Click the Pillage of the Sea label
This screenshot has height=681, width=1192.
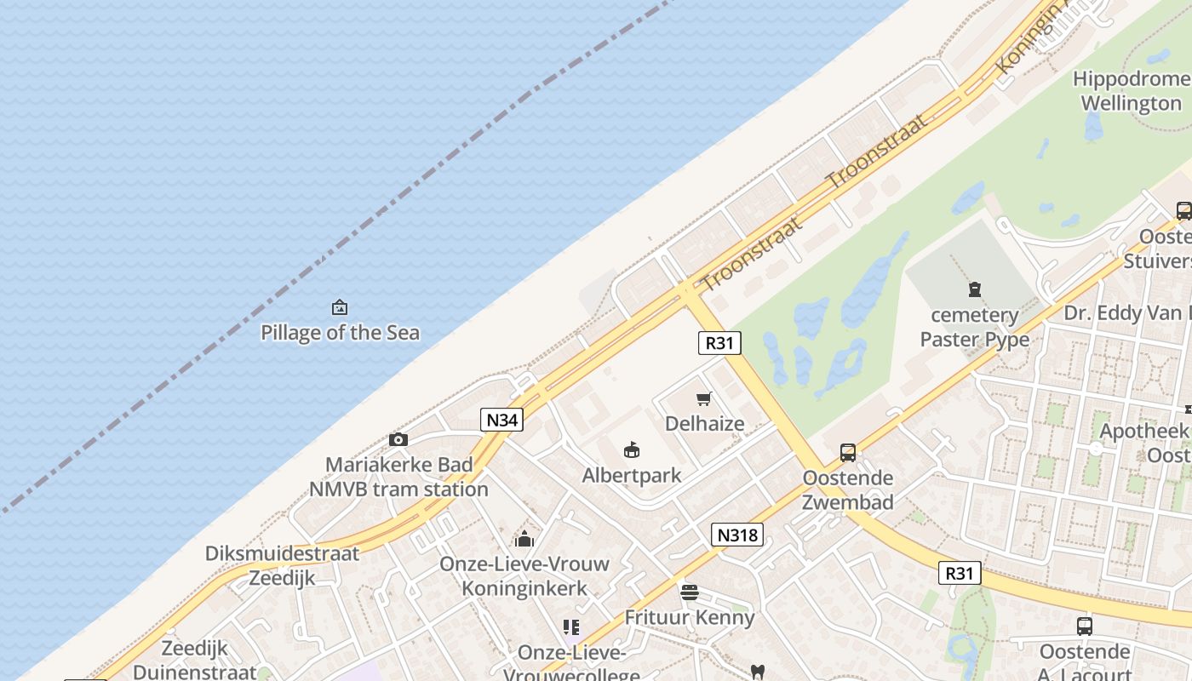pyautogui.click(x=340, y=332)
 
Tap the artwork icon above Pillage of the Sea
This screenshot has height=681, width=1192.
pyautogui.click(x=340, y=307)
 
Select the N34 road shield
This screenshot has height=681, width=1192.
pyautogui.click(x=501, y=419)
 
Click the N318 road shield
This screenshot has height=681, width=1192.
pyautogui.click(x=736, y=535)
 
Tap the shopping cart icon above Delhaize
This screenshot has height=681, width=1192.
pyautogui.click(x=704, y=398)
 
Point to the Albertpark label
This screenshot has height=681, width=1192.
pyautogui.click(x=632, y=475)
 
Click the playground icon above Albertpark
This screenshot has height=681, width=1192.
pyautogui.click(x=632, y=449)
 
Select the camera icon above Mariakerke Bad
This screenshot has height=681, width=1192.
pyautogui.click(x=398, y=439)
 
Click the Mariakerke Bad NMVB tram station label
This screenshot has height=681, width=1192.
pyautogui.click(x=398, y=477)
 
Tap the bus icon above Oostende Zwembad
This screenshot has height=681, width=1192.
pyautogui.click(x=848, y=452)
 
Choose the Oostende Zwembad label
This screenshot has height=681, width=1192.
pyautogui.click(x=848, y=489)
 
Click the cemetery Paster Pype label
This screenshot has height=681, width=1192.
pyautogui.click(x=975, y=327)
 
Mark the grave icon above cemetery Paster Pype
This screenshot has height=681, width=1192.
pyautogui.click(x=975, y=290)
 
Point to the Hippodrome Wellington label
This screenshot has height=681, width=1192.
pyautogui.click(x=1131, y=91)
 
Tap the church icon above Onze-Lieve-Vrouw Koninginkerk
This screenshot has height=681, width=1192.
pyautogui.click(x=524, y=539)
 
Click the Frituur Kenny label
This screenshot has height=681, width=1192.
pyautogui.click(x=690, y=617)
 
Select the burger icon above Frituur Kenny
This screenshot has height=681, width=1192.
pyautogui.click(x=690, y=592)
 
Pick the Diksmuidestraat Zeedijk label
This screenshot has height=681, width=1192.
pyautogui.click(x=282, y=565)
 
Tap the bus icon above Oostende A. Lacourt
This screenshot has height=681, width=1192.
pyautogui.click(x=1085, y=626)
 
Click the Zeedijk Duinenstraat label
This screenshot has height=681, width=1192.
pyautogui.click(x=194, y=660)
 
